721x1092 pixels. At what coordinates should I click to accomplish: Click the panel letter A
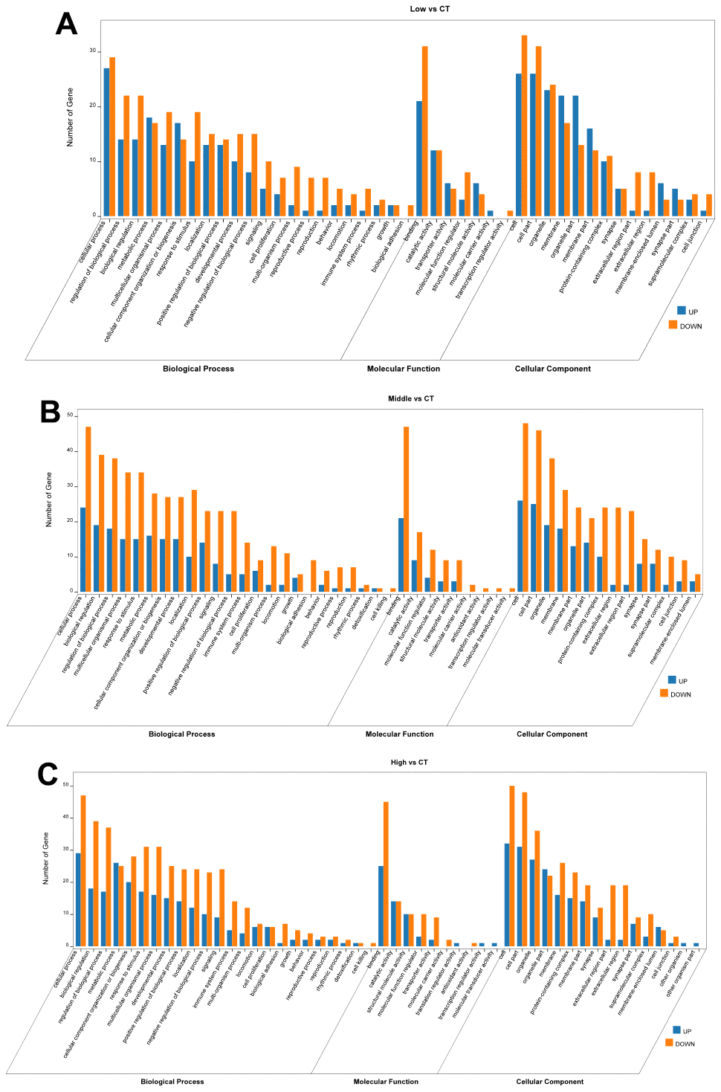[x=66, y=24]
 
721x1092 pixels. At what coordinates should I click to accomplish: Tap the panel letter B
[x=50, y=411]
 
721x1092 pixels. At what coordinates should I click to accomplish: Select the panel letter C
[x=48, y=775]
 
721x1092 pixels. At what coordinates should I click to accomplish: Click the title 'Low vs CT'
[x=430, y=9]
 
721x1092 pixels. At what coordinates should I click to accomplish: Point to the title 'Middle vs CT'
[x=411, y=399]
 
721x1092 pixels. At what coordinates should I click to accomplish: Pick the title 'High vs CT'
[x=409, y=763]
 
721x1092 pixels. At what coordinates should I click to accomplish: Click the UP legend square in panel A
[x=681, y=311]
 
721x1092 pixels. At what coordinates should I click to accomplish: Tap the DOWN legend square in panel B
[x=664, y=694]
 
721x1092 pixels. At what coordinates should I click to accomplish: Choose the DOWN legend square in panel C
[x=669, y=1043]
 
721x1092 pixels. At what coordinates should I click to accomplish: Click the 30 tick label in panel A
[x=93, y=51]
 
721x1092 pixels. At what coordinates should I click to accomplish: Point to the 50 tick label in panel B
[x=70, y=416]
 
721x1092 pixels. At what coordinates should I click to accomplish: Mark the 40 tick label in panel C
[x=65, y=817]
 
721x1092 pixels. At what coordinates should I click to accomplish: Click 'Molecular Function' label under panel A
[x=404, y=369]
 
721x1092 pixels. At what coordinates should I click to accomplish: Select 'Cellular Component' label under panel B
[x=552, y=734]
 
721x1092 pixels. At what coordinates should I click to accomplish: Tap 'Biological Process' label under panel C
[x=172, y=1082]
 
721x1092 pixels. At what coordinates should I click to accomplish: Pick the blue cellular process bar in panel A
[x=106, y=142]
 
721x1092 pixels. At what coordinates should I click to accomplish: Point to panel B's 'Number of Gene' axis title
[x=50, y=500]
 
